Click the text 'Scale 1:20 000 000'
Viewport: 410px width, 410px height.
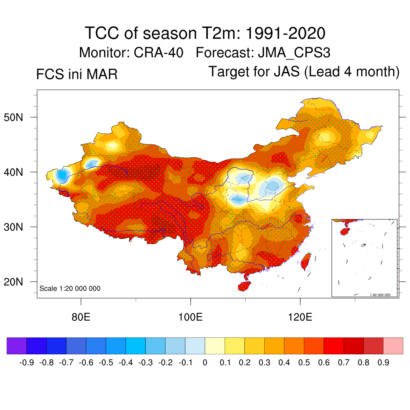(x=70, y=289)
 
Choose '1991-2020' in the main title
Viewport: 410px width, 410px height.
(x=284, y=33)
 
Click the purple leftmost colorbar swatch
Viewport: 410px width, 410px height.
(x=17, y=346)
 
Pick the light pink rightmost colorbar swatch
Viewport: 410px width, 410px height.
(x=393, y=346)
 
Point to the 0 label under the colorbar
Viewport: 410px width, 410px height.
(x=205, y=363)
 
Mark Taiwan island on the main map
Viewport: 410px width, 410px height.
(x=305, y=261)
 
